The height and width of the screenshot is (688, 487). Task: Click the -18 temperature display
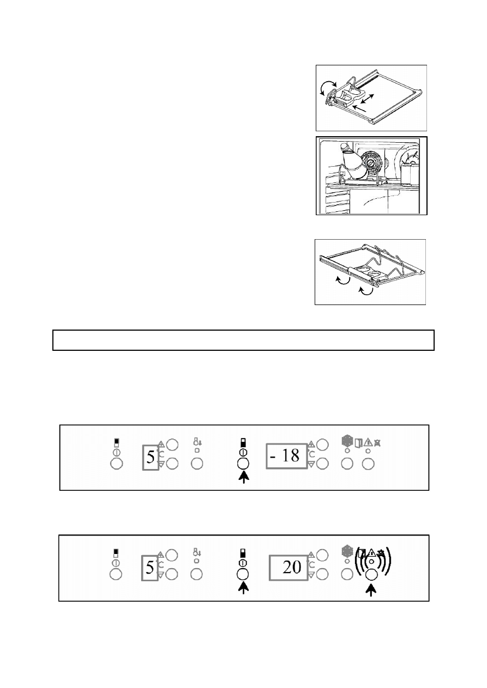pyautogui.click(x=286, y=456)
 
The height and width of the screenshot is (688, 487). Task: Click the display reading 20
pyautogui.click(x=288, y=568)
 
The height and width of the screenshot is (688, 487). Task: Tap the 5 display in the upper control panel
pyautogui.click(x=151, y=458)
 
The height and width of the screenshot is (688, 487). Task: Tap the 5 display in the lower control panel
pyautogui.click(x=150, y=568)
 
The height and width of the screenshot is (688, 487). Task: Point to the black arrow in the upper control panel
pyautogui.click(x=244, y=477)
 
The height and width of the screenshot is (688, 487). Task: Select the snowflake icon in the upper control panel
pyautogui.click(x=347, y=441)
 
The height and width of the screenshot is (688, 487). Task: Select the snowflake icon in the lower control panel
pyautogui.click(x=347, y=552)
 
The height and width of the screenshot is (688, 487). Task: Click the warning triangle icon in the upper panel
pyautogui.click(x=368, y=442)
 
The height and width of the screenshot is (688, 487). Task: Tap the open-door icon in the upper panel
pyautogui.click(x=358, y=443)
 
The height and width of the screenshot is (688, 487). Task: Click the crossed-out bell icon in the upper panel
pyautogui.click(x=377, y=442)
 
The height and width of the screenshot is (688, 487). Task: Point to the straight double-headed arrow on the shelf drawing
pyautogui.click(x=368, y=99)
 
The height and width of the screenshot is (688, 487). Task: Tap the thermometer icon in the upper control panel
pyautogui.click(x=197, y=442)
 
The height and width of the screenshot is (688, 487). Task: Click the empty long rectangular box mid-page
pyautogui.click(x=243, y=340)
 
